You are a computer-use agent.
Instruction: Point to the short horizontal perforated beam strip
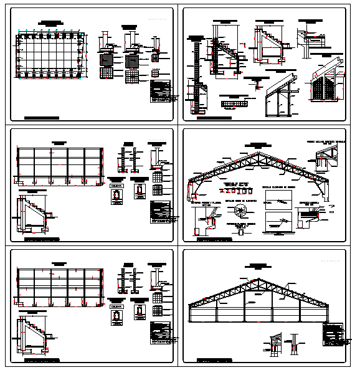point(235,103)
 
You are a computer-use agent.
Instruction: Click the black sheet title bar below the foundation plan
point(42,117)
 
